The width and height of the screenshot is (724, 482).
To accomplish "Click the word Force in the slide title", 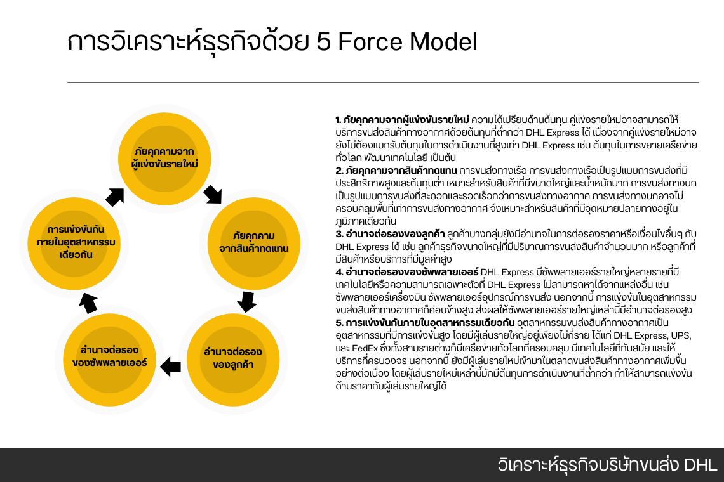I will pos(371,42).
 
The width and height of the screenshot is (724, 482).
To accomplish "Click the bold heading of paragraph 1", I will pos(402,119).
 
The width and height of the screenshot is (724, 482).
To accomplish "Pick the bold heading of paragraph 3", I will pos(391,233).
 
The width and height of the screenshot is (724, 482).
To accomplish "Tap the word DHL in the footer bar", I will pos(701,464).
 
